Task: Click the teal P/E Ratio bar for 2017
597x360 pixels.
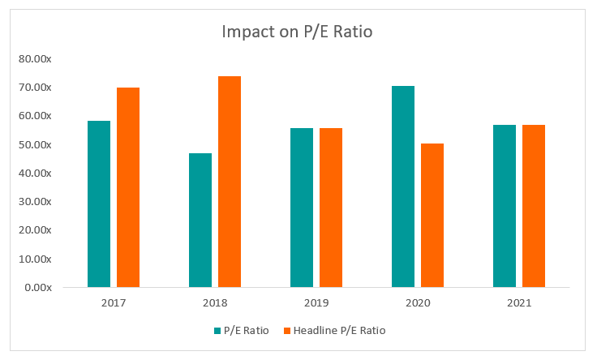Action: click(99, 204)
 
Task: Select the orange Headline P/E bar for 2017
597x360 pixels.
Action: click(128, 187)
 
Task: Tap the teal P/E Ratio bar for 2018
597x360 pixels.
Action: click(200, 220)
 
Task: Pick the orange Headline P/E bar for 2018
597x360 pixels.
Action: click(230, 182)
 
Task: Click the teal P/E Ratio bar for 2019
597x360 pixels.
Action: click(302, 208)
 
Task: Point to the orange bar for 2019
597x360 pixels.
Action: click(331, 208)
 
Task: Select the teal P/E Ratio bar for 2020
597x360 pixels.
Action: click(403, 186)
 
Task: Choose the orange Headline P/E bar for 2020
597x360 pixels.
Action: click(432, 215)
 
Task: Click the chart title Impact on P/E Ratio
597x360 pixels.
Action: click(297, 33)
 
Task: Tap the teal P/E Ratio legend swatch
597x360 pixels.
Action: click(217, 330)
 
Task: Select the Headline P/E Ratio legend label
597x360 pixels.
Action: click(338, 330)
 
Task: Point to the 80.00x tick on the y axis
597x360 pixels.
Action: click(36, 59)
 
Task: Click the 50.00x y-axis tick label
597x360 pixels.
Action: click(36, 145)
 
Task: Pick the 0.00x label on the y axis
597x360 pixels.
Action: click(38, 288)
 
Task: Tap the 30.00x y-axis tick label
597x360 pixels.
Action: click(36, 202)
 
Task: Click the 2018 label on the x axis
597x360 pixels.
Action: click(215, 304)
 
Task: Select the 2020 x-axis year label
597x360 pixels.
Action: click(418, 304)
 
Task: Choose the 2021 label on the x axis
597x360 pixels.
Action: click(519, 304)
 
